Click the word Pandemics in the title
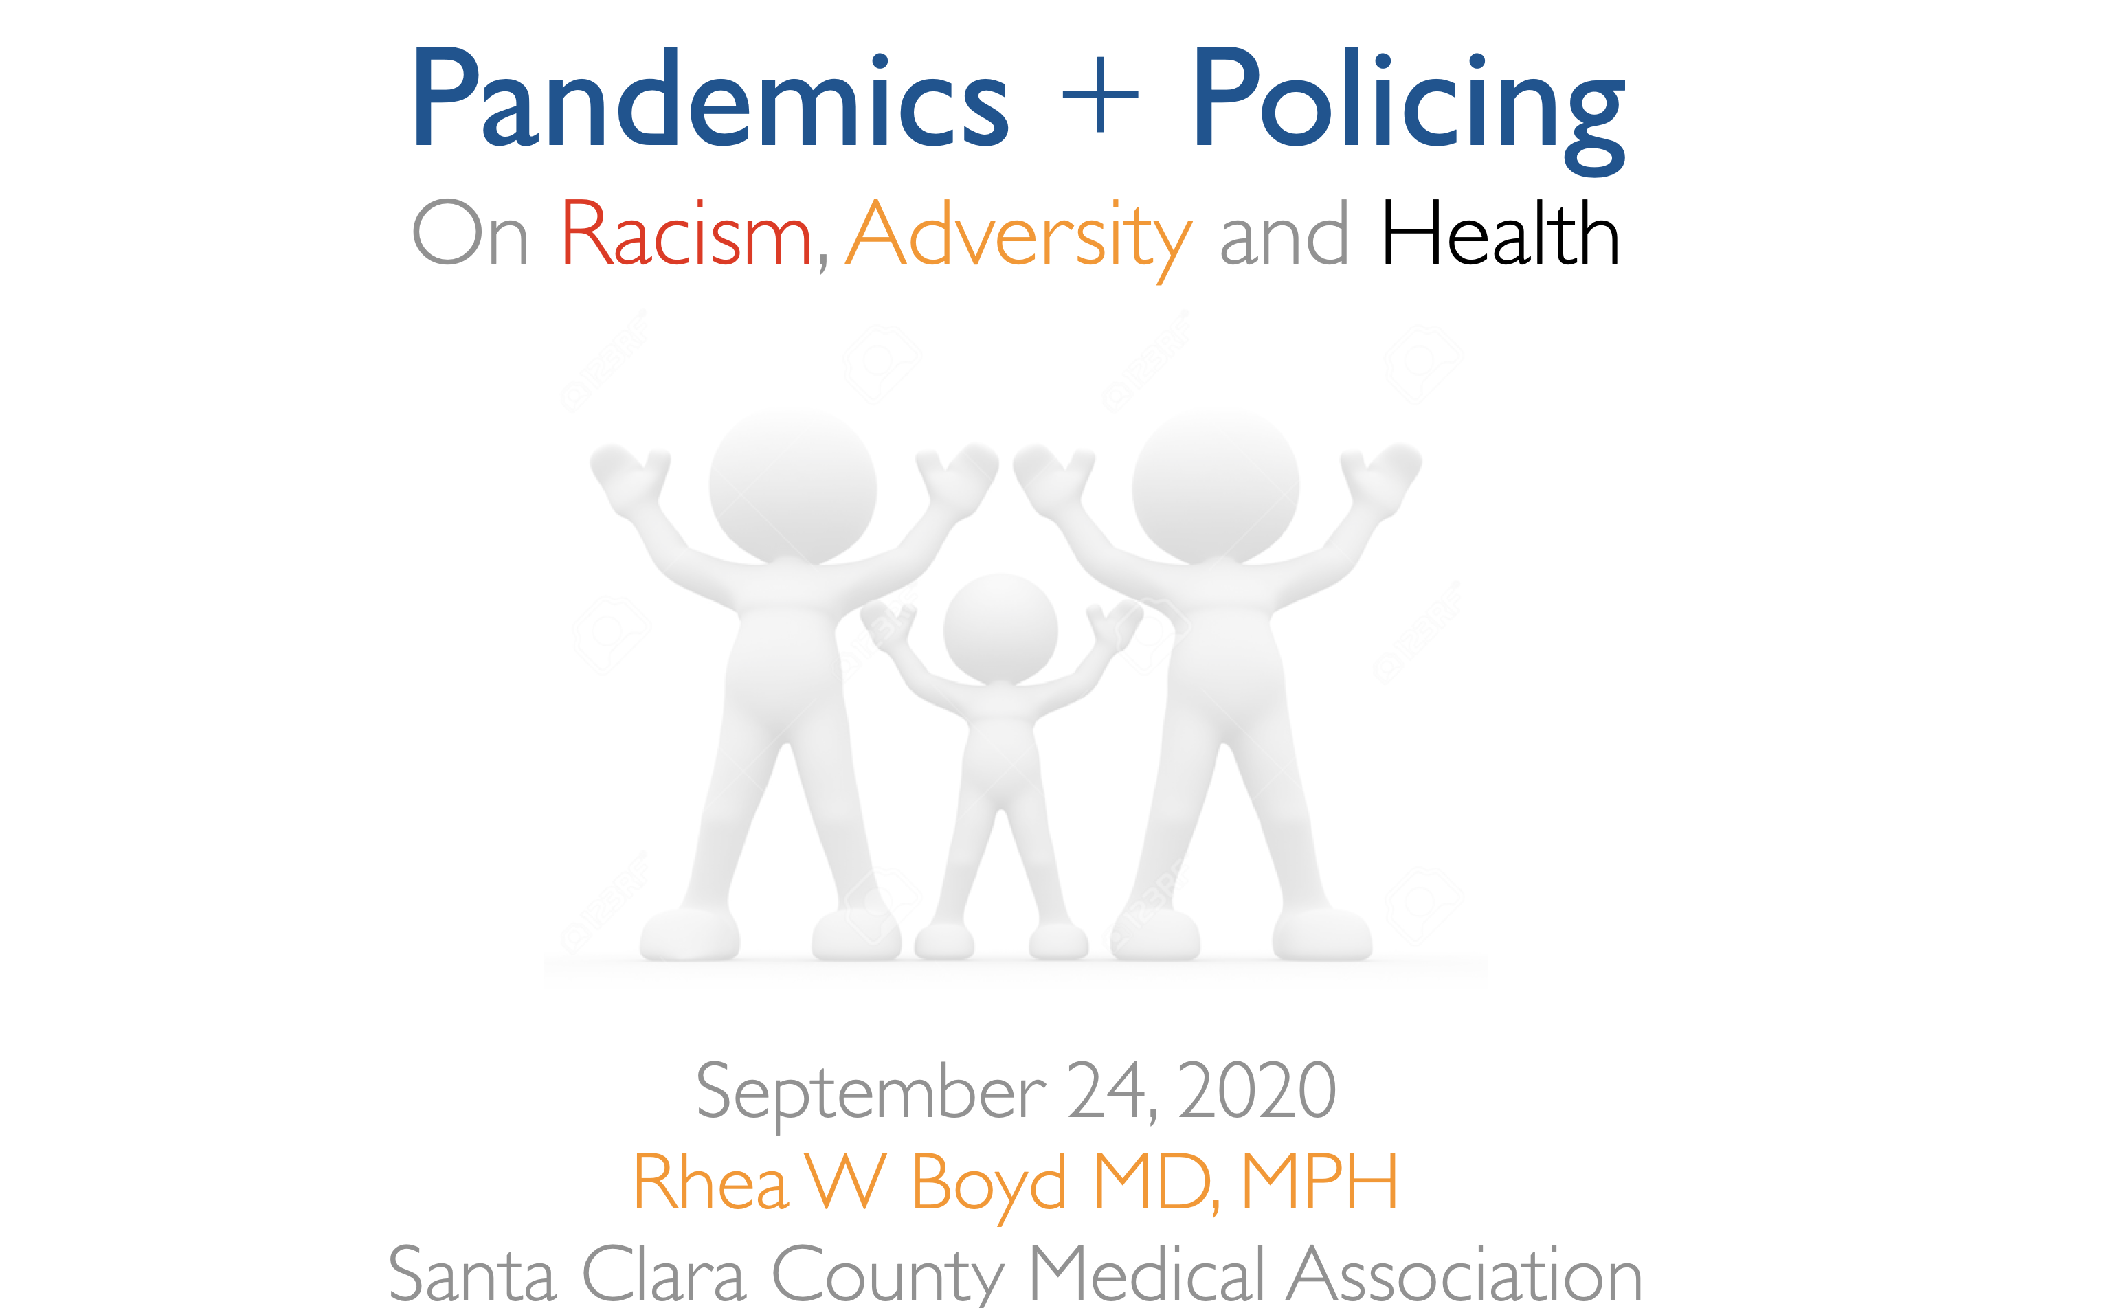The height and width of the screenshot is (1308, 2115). [710, 97]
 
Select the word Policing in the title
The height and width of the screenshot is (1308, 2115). [1410, 108]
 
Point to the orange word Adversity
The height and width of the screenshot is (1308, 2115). [1019, 240]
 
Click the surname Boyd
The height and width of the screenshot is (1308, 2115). [989, 1188]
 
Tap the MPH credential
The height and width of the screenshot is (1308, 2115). [1320, 1181]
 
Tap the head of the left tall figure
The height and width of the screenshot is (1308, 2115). [792, 486]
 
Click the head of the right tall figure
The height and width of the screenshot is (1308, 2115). [1216, 486]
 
